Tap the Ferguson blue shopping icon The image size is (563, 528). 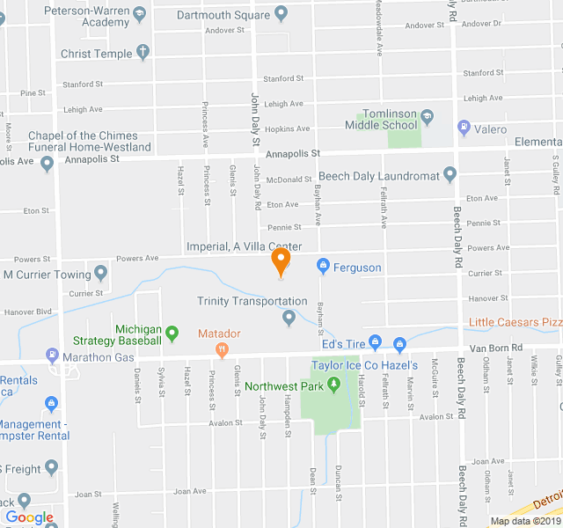point(323,266)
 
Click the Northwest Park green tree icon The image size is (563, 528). point(333,385)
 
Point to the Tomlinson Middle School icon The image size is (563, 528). point(427,115)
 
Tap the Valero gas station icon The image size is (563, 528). point(464,129)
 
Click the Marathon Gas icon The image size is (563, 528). point(52,356)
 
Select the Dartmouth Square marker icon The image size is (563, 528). point(281,13)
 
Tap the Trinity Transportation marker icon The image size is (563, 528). point(289,318)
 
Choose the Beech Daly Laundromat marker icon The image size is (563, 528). point(450,175)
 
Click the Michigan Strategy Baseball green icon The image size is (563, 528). point(172,334)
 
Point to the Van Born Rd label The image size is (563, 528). point(496,348)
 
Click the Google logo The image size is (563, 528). point(29,517)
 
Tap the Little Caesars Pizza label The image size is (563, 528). point(515,322)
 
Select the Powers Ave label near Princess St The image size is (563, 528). point(137,258)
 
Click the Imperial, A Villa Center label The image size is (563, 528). point(244,246)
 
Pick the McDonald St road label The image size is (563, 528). point(289,180)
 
